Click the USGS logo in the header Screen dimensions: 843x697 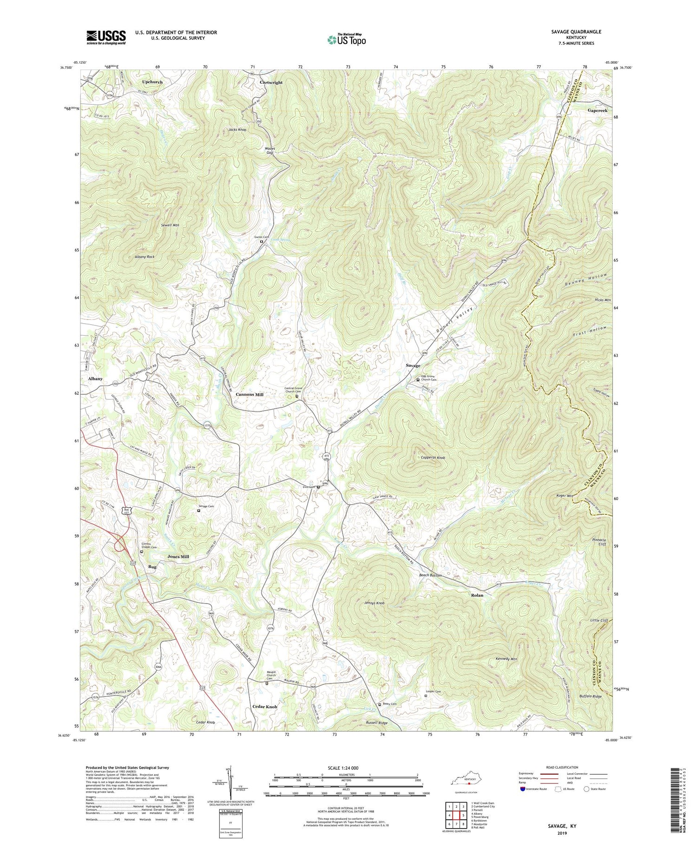click(x=106, y=37)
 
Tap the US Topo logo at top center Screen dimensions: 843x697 click(x=347, y=40)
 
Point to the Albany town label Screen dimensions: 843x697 click(x=95, y=379)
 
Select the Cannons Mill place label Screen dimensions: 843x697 click(x=249, y=394)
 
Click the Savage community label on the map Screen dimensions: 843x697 click(x=413, y=366)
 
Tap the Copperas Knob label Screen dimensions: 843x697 click(x=430, y=458)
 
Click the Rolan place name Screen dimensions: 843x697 click(x=477, y=595)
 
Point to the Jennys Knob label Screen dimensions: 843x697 click(x=375, y=603)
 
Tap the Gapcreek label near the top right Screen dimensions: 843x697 click(x=597, y=111)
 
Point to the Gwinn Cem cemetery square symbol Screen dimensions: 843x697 click(x=261, y=241)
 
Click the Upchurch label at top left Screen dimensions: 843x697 click(x=152, y=82)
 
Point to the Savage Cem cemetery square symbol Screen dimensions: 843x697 click(x=198, y=511)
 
